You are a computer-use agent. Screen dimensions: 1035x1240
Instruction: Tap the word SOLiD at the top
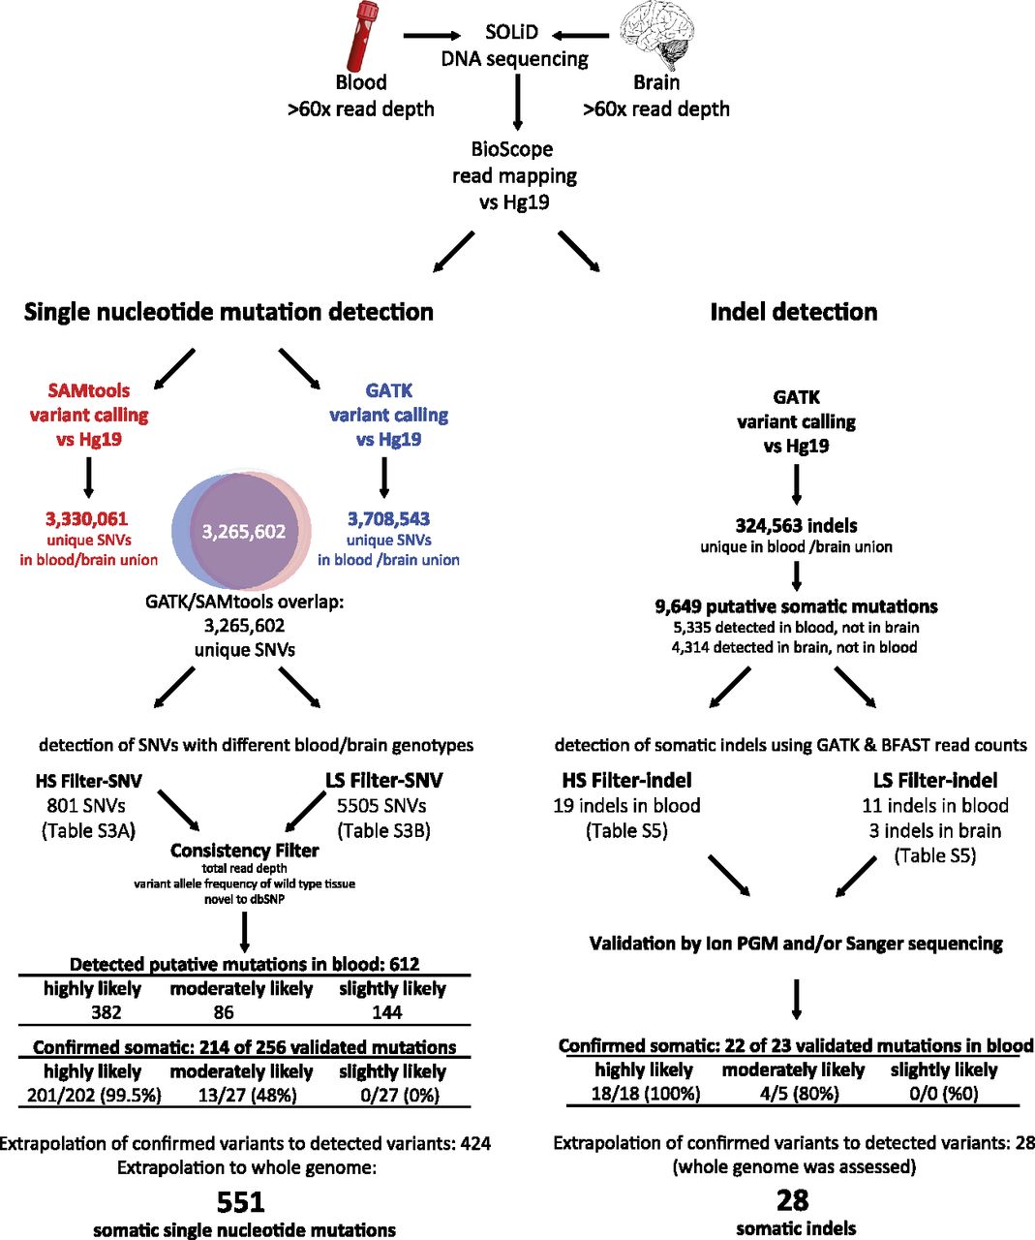(511, 32)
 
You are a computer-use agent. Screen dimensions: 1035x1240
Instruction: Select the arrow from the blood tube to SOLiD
(432, 36)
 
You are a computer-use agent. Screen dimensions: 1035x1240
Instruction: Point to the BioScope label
(511, 149)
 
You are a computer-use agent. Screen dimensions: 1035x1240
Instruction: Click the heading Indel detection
(794, 312)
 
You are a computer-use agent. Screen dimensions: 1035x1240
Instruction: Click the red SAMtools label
(89, 390)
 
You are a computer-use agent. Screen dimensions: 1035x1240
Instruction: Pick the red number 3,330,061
(87, 519)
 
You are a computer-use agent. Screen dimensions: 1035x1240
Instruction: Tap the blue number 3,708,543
(388, 519)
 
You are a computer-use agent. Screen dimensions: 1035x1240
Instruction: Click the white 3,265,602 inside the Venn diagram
(244, 531)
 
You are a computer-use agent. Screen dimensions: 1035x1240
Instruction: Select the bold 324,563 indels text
(797, 526)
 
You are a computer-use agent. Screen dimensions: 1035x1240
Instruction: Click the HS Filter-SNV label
(89, 781)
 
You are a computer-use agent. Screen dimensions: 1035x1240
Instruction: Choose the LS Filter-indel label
(935, 781)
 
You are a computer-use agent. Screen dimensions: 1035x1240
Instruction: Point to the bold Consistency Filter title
(245, 851)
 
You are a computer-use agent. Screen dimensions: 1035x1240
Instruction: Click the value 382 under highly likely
(107, 1012)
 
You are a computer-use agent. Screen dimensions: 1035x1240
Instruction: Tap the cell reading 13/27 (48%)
(248, 1095)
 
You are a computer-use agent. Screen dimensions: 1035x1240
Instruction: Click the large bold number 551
(240, 1202)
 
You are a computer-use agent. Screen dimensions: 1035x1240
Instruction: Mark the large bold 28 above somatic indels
(793, 1201)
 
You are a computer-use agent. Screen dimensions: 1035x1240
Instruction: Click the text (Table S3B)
(384, 830)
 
